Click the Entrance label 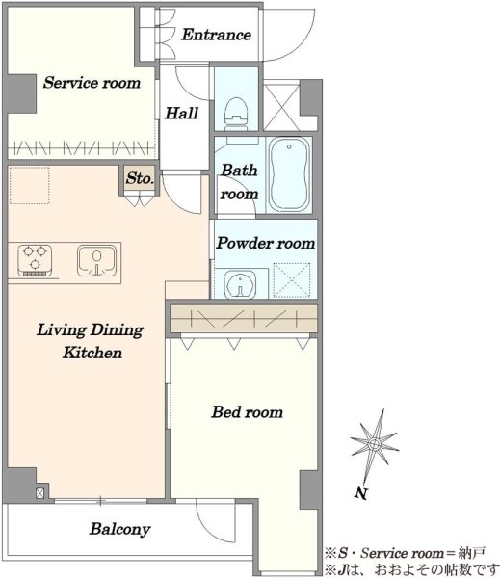tap(216, 35)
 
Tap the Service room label tap(92, 82)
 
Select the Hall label tap(181, 113)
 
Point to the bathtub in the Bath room tap(289, 174)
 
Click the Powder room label tap(266, 243)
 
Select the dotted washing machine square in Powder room tap(291, 280)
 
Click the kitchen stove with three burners tap(35, 261)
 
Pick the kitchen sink tap(96, 261)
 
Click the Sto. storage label tap(140, 178)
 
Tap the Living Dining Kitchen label tap(91, 341)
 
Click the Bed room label tap(247, 411)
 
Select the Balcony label tap(119, 529)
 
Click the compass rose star tap(374, 444)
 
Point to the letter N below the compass tap(361, 493)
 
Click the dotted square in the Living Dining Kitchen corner tap(30, 185)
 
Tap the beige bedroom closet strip tap(244, 319)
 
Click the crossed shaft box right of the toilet tap(281, 107)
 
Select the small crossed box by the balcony tap(40, 493)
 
